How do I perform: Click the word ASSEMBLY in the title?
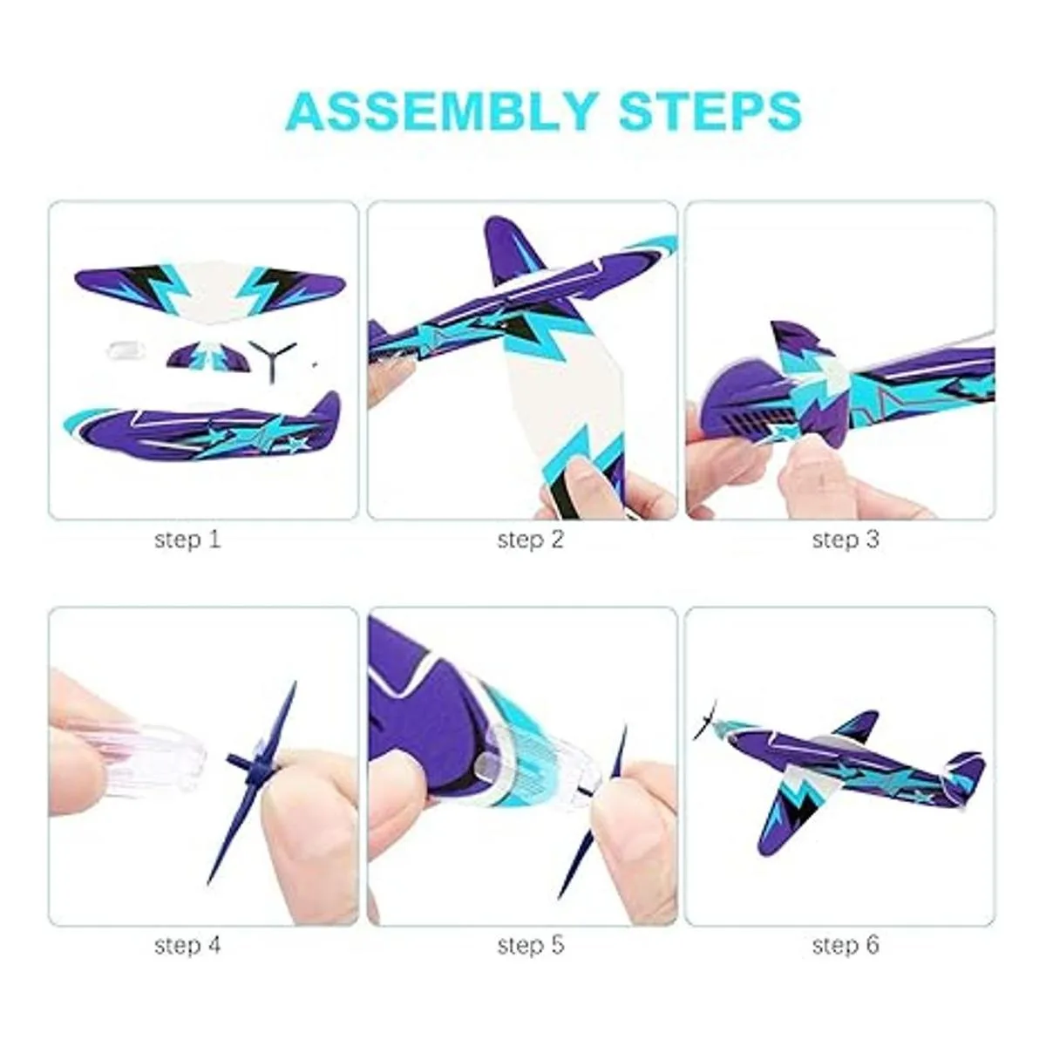coord(442,112)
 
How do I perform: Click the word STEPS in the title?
coord(710,112)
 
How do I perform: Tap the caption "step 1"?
coord(187,540)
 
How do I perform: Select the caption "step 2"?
coord(531,540)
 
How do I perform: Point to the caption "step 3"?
coord(846,540)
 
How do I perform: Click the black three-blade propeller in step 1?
coord(271,359)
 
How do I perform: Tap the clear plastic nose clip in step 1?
coord(125,350)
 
